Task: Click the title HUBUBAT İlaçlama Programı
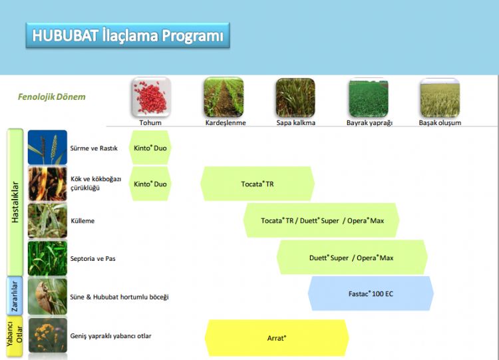(x=128, y=35)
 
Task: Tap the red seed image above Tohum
(x=151, y=97)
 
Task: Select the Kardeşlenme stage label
(x=226, y=122)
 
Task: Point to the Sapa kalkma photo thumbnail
(x=295, y=97)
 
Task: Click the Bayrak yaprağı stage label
(x=369, y=122)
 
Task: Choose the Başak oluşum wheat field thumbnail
(x=440, y=97)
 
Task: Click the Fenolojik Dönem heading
(x=51, y=96)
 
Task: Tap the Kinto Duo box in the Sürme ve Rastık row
(x=150, y=148)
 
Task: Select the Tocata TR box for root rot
(x=257, y=184)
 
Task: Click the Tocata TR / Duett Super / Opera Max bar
(x=321, y=220)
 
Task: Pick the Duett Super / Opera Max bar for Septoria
(x=352, y=257)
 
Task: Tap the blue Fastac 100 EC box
(x=371, y=293)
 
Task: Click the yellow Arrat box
(x=277, y=338)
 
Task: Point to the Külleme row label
(x=83, y=220)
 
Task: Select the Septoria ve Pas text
(x=93, y=258)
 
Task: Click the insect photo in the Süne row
(x=47, y=296)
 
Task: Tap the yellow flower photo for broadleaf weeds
(x=48, y=335)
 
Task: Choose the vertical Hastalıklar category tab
(x=15, y=202)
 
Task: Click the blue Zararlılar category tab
(x=15, y=295)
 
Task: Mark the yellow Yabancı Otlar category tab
(x=15, y=336)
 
